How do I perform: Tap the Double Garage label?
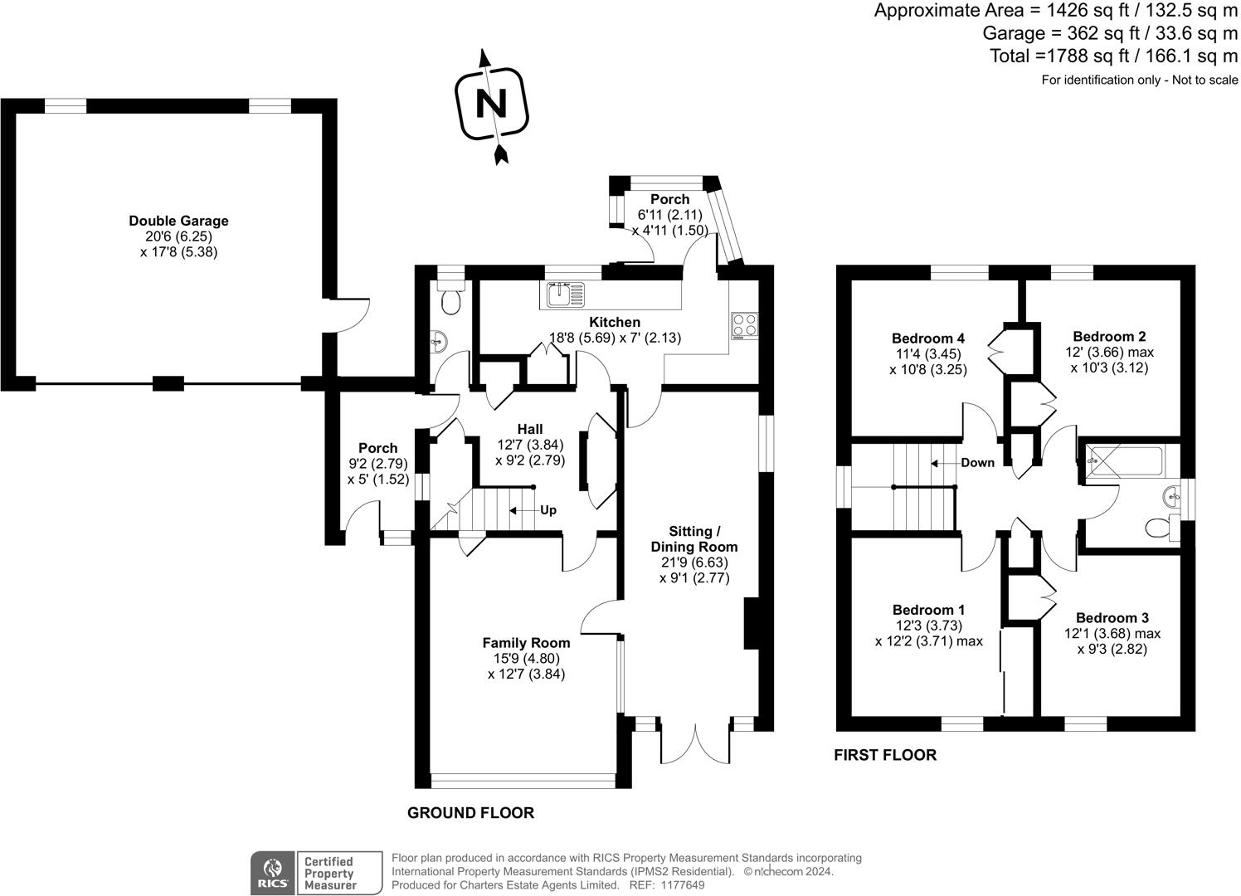tap(178, 221)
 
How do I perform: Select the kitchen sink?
tap(563, 294)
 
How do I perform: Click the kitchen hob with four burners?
tap(744, 324)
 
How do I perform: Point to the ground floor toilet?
tap(451, 302)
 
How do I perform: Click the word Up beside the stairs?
tap(548, 510)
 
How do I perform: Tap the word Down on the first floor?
tap(977, 463)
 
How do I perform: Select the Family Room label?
tap(527, 643)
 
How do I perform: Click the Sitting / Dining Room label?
tap(694, 539)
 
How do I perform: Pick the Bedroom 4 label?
tap(928, 338)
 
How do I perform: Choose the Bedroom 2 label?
tap(1109, 336)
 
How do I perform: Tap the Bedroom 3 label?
tap(1112, 618)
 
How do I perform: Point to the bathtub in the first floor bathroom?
tap(1127, 456)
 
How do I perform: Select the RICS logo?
tap(272, 874)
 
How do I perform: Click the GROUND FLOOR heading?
tap(470, 813)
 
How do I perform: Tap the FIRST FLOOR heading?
tap(885, 755)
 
